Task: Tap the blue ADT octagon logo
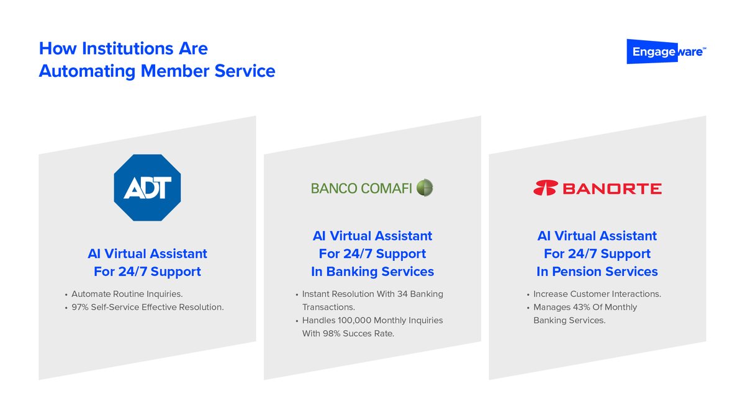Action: [147, 188]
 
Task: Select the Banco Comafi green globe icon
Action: [425, 188]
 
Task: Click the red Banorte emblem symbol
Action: [545, 188]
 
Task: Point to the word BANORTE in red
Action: [612, 188]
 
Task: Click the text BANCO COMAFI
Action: [361, 188]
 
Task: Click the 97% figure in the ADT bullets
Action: [79, 307]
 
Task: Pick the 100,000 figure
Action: [356, 320]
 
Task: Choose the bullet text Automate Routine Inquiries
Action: [127, 294]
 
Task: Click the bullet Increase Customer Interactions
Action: [597, 294]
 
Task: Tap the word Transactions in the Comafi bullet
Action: [328, 307]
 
